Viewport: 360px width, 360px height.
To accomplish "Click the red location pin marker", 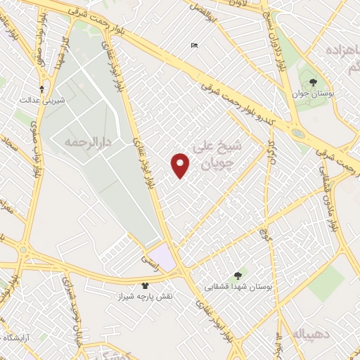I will click(x=181, y=165).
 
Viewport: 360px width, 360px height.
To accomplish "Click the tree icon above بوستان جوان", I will click(x=313, y=82).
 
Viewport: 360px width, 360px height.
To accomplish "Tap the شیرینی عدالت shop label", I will click(x=43, y=100).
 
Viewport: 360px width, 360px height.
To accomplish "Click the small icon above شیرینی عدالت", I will click(x=42, y=89).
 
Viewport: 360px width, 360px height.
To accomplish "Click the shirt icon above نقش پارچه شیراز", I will click(x=145, y=286).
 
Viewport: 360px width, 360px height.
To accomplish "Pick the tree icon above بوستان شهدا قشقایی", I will click(x=237, y=275).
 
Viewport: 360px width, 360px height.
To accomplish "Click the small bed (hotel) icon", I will click(x=194, y=46).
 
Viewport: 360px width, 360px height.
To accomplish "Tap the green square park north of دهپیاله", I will click(x=326, y=282).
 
